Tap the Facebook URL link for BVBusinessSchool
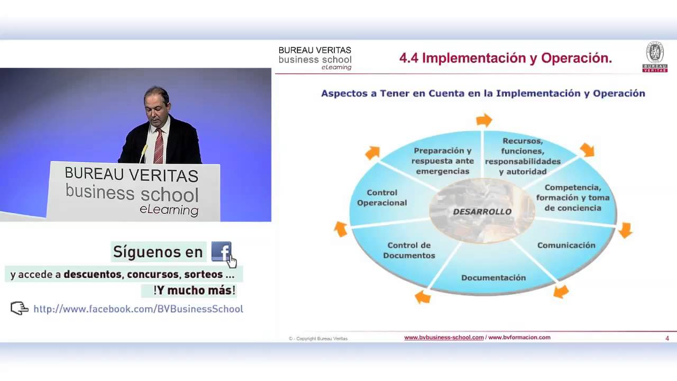(138, 309)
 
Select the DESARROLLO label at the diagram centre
(482, 212)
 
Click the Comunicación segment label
(566, 245)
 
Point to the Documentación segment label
(493, 277)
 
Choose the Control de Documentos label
(409, 250)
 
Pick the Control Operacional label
(382, 197)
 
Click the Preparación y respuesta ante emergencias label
(443, 161)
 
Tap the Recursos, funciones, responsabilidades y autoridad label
(523, 156)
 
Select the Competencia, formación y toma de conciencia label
(573, 197)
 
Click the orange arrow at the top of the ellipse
(484, 120)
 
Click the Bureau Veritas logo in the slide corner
(654, 57)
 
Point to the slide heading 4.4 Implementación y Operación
(505, 58)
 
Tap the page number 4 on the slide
(667, 338)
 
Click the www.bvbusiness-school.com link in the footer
(444, 338)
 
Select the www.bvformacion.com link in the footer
(519, 338)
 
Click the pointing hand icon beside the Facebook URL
(20, 308)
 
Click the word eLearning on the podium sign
(169, 210)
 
